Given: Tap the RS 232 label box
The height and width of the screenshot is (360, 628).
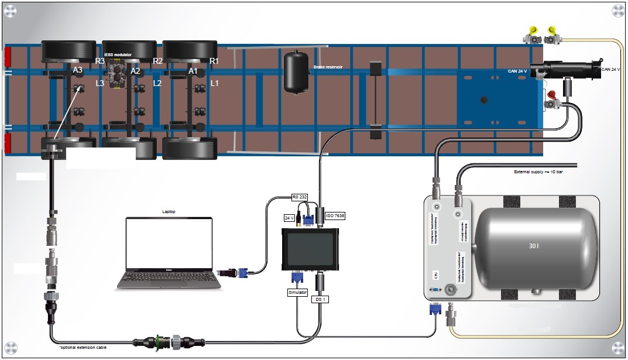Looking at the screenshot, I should pos(299,197).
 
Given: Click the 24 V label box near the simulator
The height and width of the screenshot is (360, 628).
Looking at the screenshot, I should pos(289,218).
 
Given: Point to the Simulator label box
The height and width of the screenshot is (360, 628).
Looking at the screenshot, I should pos(297,292).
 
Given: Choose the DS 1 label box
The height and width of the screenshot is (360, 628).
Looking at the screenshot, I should pos(320,300).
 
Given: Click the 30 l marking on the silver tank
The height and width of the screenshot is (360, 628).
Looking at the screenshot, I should pos(532,246).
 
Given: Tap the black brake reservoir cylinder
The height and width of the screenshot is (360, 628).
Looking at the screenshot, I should pos(296,72).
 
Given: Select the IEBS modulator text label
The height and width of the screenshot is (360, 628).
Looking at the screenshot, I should pos(118,54).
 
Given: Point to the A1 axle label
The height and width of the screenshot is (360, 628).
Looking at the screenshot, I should pos(193,71).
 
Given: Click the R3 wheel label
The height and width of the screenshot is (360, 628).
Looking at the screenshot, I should pos(100,61).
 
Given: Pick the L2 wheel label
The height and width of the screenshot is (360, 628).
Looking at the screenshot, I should pos(157,84).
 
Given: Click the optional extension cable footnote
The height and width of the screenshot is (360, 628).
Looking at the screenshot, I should pos(83,347).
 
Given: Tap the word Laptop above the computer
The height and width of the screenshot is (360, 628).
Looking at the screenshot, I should pos(169,211).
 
